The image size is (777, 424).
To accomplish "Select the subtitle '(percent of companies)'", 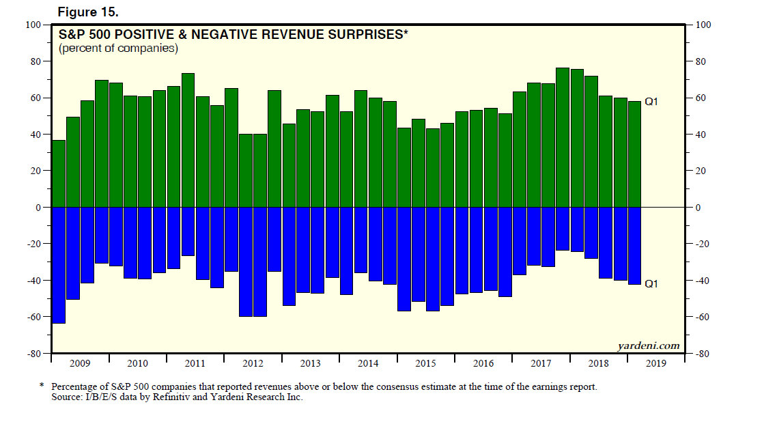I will [x=118, y=48].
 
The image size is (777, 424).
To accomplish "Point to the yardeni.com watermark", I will [x=648, y=345].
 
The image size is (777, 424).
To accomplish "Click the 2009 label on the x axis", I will [x=80, y=364].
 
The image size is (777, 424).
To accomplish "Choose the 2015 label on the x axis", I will [x=425, y=364].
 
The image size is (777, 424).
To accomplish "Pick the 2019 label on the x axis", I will [x=655, y=364].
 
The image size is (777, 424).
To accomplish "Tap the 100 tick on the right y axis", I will [x=703, y=25].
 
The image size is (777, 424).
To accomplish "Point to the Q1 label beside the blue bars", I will [x=652, y=283].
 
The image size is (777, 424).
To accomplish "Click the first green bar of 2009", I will [x=59, y=174].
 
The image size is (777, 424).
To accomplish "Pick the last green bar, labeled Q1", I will [x=634, y=154].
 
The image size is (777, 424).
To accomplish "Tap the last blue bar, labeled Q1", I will [x=634, y=245].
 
